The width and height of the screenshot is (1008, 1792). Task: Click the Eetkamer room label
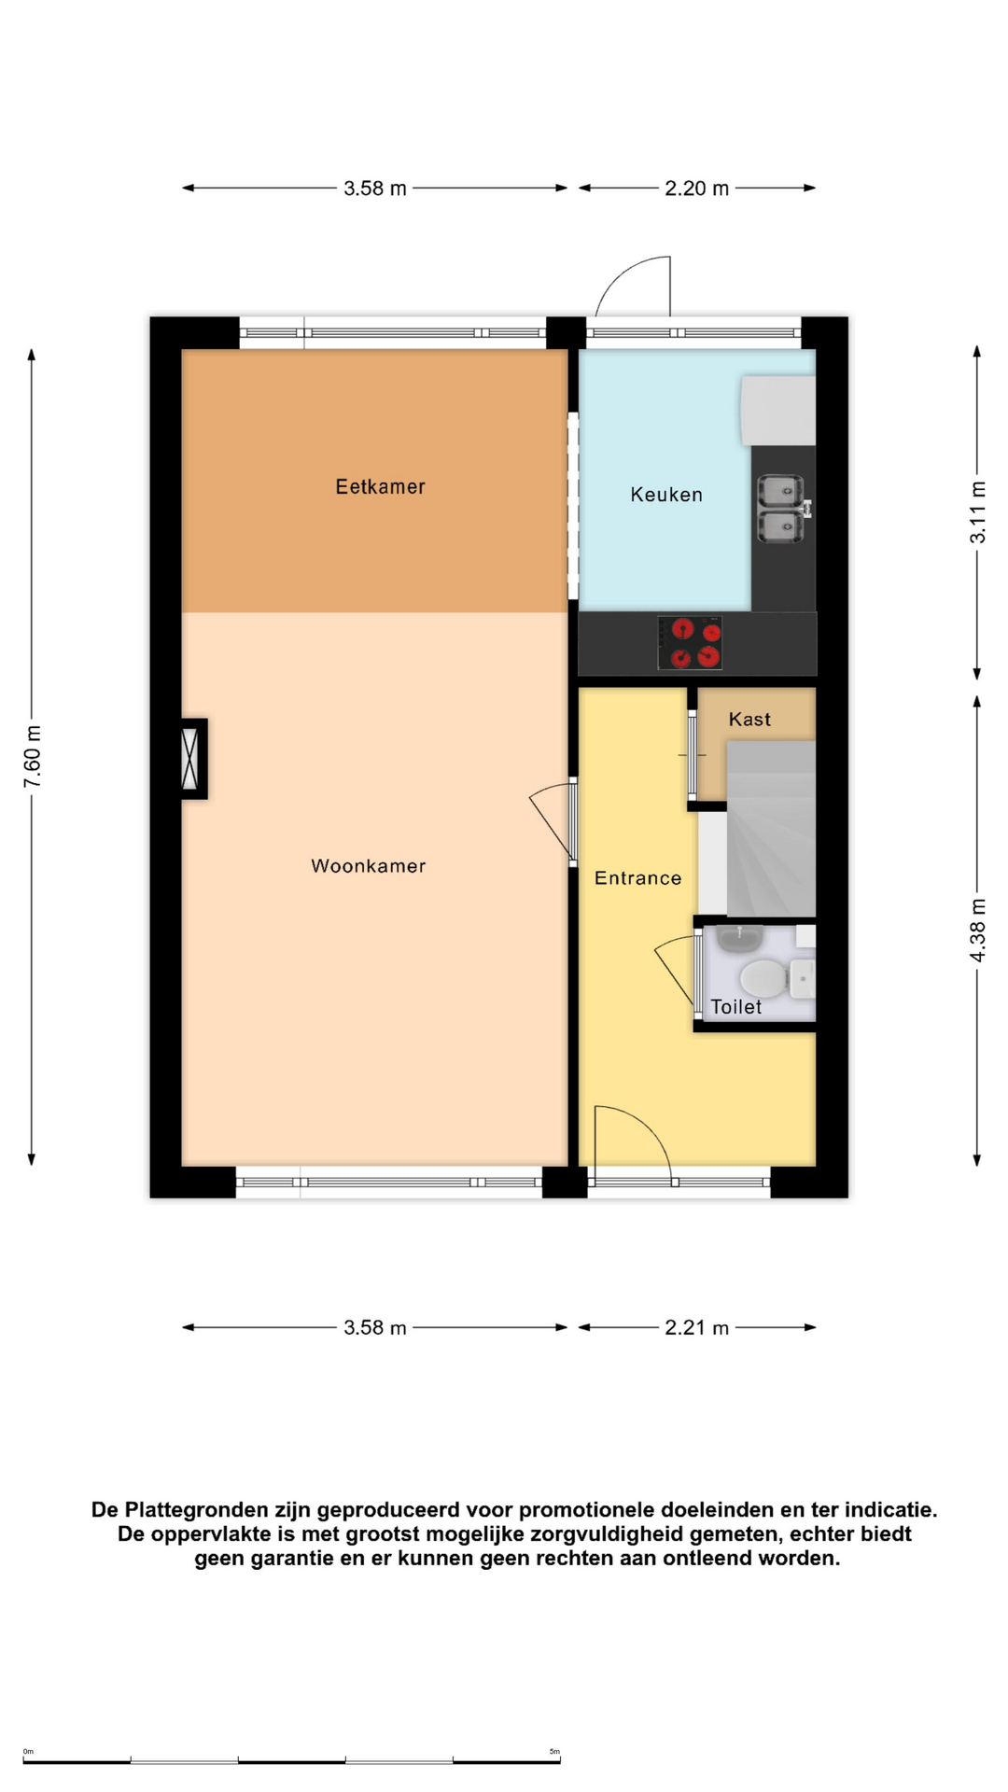(380, 486)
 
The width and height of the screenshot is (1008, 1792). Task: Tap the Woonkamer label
(368, 866)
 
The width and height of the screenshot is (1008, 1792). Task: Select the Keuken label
(666, 495)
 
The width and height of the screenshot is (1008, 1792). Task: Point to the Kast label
(749, 719)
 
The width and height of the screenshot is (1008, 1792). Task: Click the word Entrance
(638, 878)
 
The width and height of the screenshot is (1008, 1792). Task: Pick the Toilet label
(736, 1007)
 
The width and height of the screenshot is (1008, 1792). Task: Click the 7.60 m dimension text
(33, 756)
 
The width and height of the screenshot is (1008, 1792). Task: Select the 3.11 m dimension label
(977, 512)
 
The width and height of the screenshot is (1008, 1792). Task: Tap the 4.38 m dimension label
(977, 931)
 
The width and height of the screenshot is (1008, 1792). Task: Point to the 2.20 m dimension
(696, 189)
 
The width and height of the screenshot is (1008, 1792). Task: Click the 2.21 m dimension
(696, 1328)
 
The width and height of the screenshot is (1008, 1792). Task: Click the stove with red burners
(690, 643)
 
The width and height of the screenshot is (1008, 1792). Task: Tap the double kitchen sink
(781, 509)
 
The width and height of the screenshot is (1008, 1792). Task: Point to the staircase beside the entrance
(771, 829)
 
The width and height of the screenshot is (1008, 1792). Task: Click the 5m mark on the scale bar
(554, 1752)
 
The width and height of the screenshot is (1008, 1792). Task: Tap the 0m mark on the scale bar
(28, 1752)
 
